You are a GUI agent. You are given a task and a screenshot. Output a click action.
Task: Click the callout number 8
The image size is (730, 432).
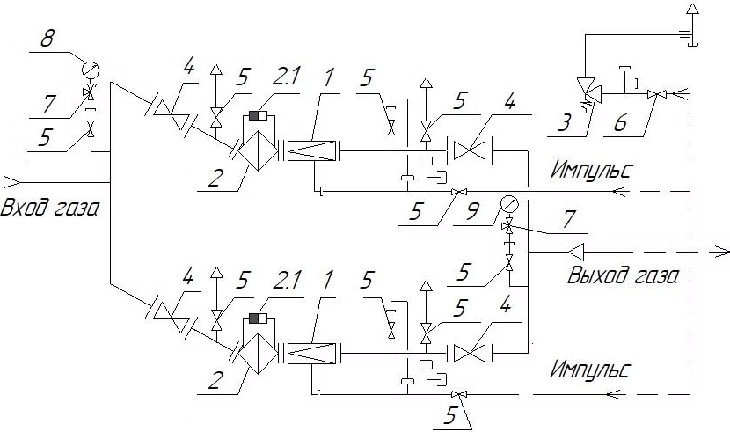[x=47, y=38]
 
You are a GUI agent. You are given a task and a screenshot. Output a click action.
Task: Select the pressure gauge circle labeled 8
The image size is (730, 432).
[x=91, y=70]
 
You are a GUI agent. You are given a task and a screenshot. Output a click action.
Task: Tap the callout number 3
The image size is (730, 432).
[x=565, y=123]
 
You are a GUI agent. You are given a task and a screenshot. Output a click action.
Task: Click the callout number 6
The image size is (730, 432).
[x=620, y=124]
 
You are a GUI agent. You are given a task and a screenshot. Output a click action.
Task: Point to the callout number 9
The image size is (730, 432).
[x=472, y=212]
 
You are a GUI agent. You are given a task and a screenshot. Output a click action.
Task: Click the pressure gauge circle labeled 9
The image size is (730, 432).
[x=509, y=204]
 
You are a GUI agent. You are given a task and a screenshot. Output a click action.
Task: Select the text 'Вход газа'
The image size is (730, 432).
[x=50, y=207]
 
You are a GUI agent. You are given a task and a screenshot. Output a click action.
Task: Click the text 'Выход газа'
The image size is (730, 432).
[x=623, y=275]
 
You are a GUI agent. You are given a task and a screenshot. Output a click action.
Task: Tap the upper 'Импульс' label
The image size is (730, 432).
[x=592, y=170]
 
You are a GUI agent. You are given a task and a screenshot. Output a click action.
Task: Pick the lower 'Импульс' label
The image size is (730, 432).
[x=591, y=370]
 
